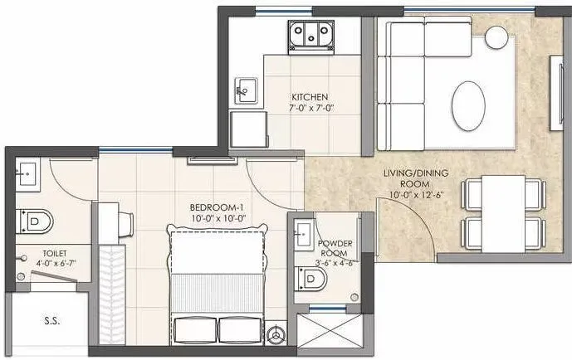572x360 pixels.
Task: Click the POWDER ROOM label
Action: click(335, 248)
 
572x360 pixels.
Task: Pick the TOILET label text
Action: click(32, 251)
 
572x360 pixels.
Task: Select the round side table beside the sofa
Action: click(497, 37)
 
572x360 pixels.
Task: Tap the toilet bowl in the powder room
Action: click(311, 280)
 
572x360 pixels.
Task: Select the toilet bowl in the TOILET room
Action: click(37, 220)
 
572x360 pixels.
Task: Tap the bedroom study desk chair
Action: click(126, 222)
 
